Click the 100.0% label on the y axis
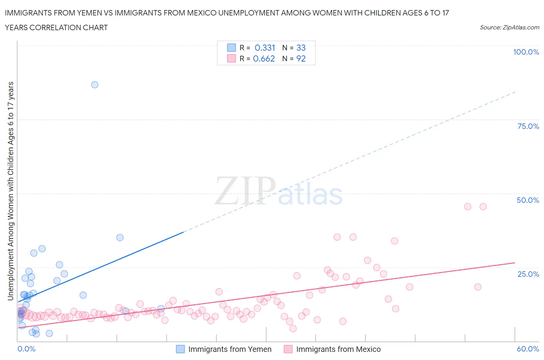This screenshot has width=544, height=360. click(526, 52)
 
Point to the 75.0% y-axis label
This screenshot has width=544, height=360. click(528, 126)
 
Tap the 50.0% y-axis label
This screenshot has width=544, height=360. click(527, 200)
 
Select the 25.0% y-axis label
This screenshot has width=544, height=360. click(528, 274)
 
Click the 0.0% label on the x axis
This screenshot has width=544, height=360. click(26, 349)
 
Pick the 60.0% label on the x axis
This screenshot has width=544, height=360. click(527, 349)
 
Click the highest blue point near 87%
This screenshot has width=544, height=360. click(95, 85)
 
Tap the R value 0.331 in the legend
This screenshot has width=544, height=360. click(265, 48)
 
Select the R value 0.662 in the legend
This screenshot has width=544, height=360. click(264, 58)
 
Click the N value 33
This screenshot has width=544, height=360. click(301, 48)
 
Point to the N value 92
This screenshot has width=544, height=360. click(301, 58)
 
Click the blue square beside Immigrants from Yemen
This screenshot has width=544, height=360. click(180, 349)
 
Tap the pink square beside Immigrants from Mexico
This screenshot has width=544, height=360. click(288, 349)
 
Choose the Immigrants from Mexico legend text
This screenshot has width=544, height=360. click(338, 349)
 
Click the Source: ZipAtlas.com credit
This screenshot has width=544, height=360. click(509, 27)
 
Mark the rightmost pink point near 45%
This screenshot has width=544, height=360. click(483, 207)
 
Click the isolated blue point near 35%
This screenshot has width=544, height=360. click(120, 238)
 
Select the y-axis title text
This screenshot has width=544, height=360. click(11, 191)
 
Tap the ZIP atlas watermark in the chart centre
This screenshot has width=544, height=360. click(279, 191)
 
